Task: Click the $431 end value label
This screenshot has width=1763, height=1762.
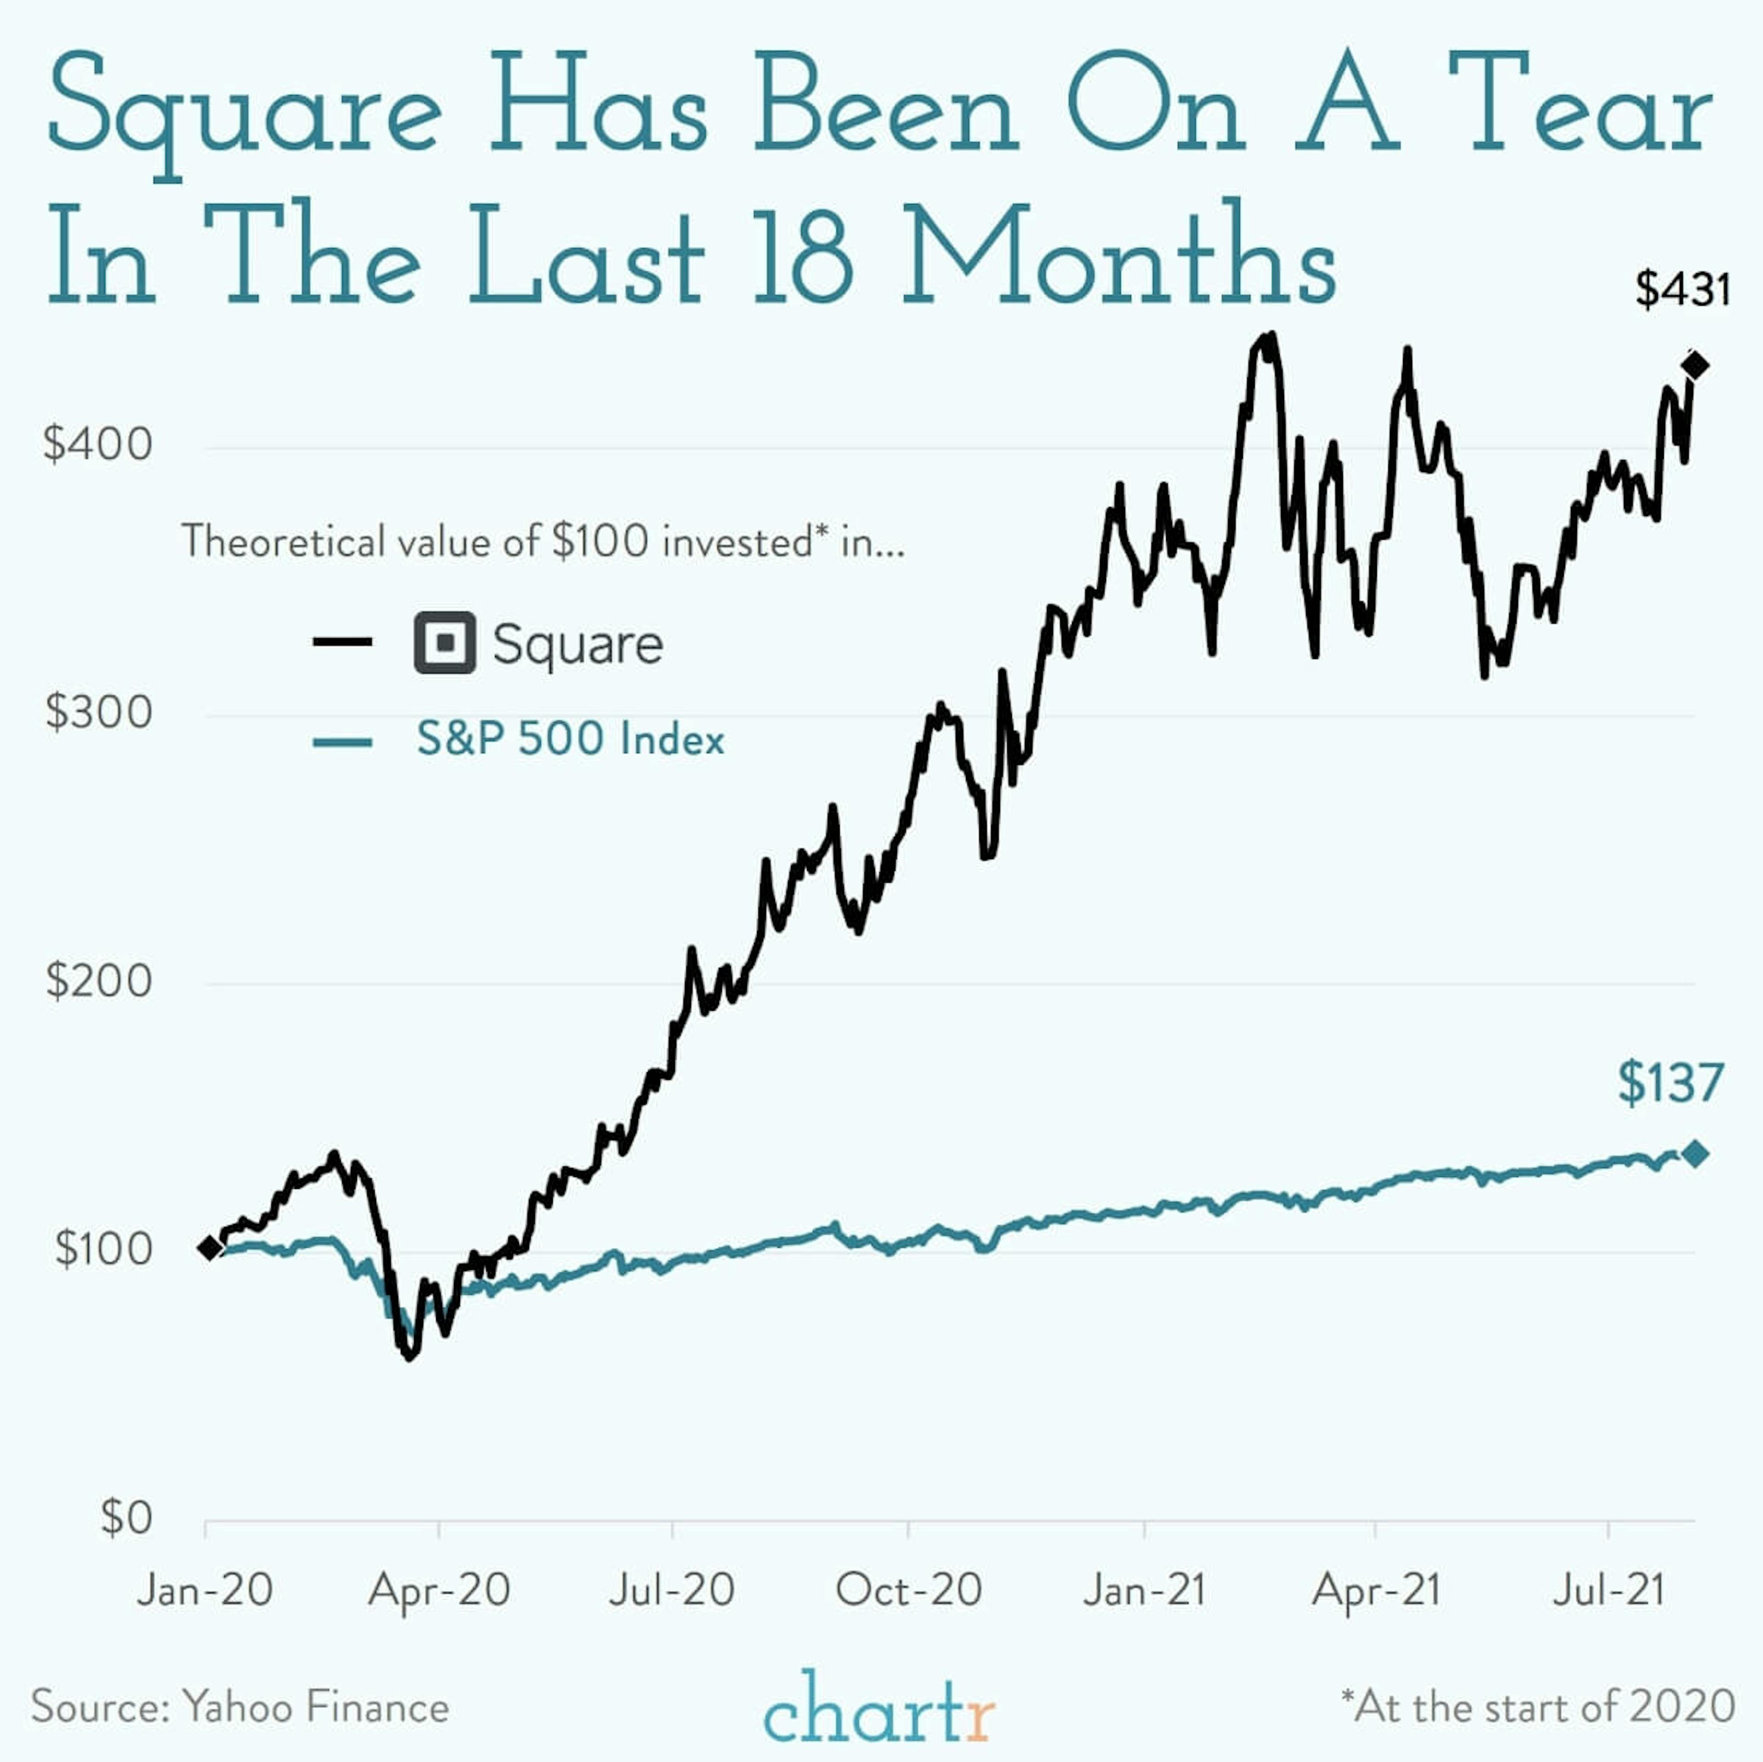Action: (1682, 290)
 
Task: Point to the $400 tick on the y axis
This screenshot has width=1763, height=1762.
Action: (98, 445)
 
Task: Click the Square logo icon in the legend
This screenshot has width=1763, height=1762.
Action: (444, 643)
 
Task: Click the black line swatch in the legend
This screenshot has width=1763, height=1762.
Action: (342, 642)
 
